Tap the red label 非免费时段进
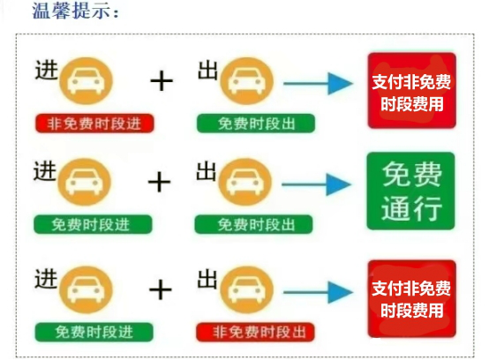pyautogui.click(x=94, y=124)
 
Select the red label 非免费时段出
pyautogui.click(x=256, y=332)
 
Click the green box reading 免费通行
pyautogui.click(x=410, y=191)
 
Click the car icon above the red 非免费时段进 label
pyautogui.click(x=87, y=80)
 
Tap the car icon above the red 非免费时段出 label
pyautogui.click(x=246, y=290)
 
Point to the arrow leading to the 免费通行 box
pyautogui.click(x=317, y=184)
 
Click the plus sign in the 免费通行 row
pyautogui.click(x=160, y=182)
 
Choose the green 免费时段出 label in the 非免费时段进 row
pyautogui.click(x=256, y=124)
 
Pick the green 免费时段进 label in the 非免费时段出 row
pyautogui.click(x=94, y=332)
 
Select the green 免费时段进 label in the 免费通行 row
pyautogui.click(x=93, y=224)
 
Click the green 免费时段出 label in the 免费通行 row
pyautogui.click(x=253, y=224)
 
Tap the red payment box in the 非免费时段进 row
pyautogui.click(x=412, y=91)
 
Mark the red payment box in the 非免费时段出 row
pyautogui.click(x=412, y=299)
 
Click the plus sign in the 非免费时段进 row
pyautogui.click(x=162, y=80)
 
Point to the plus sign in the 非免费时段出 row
pyautogui.click(x=161, y=290)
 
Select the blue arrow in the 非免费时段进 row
pyautogui.click(x=318, y=84)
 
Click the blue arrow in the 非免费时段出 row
pyautogui.click(x=318, y=292)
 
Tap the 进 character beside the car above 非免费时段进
pyautogui.click(x=47, y=70)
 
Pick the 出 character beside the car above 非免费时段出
pyautogui.click(x=207, y=279)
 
